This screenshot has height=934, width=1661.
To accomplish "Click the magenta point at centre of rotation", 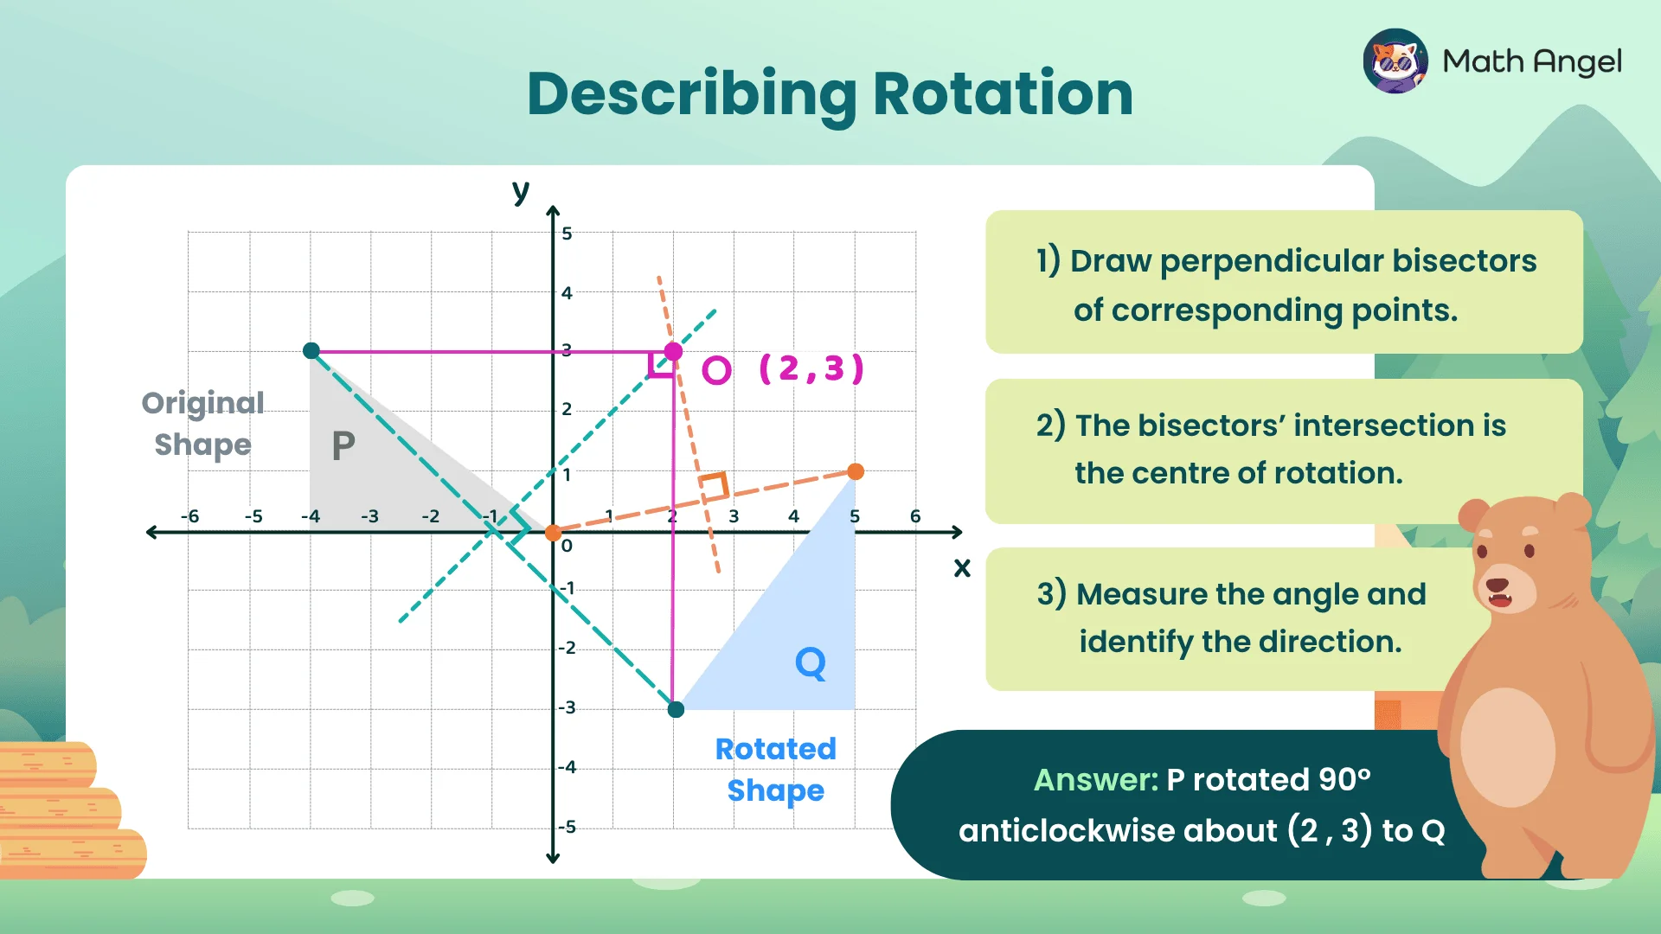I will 673,351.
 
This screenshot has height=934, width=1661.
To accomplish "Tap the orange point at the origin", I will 553,533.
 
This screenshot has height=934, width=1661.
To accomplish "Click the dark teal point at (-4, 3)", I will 311,350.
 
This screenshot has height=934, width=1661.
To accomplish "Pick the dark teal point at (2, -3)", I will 677,710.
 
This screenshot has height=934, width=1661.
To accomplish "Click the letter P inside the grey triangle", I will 343,446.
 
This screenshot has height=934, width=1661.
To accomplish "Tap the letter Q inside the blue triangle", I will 811,664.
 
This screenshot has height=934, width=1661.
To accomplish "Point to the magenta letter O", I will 716,370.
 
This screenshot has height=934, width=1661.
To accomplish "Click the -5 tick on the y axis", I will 567,827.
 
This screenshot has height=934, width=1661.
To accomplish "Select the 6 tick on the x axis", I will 915,516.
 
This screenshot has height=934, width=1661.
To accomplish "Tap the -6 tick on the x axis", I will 189,516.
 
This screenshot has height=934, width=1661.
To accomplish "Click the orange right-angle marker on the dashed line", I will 714,487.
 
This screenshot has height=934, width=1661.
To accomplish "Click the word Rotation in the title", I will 1003,93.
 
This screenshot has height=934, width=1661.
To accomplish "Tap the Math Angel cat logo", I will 1395,61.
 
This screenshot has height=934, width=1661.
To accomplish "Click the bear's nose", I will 1497,585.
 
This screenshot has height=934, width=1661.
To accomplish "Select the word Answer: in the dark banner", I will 1095,780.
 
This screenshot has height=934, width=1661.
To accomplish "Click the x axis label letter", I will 962,568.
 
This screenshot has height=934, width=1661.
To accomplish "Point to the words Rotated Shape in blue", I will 775,769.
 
